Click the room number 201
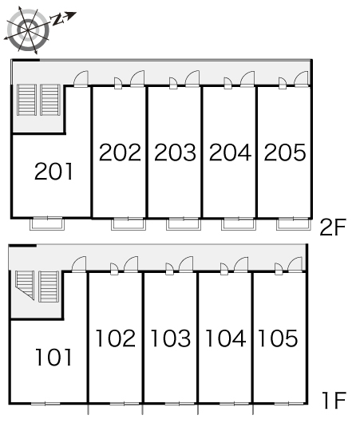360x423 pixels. (53, 171)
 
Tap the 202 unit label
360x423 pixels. (120, 152)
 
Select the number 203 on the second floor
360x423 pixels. (175, 152)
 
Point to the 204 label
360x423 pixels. (230, 152)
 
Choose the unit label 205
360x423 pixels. (285, 152)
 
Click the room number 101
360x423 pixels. (53, 358)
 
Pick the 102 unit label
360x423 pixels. (116, 338)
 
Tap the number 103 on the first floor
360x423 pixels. (171, 338)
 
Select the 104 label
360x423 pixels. (226, 338)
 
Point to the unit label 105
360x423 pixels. (279, 338)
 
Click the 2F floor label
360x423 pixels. (333, 227)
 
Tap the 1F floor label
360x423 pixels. (334, 401)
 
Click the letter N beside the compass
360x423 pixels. (57, 20)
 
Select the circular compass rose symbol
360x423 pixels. (28, 30)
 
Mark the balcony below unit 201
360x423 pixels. (47, 224)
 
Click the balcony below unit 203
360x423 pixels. (184, 224)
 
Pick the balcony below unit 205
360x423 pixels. (293, 224)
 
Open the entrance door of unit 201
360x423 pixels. (81, 79)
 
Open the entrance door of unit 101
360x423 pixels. (79, 264)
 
